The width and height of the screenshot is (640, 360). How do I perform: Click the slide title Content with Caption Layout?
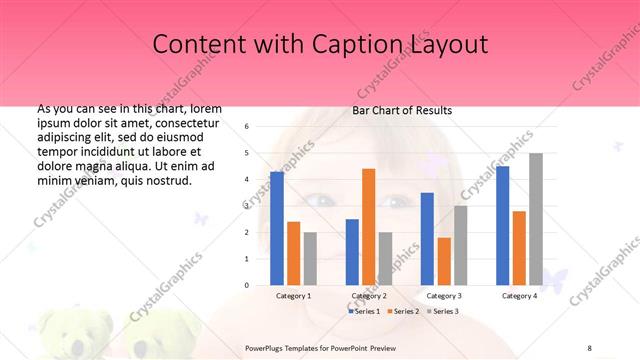[320, 45]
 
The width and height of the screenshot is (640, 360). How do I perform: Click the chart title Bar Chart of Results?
[402, 110]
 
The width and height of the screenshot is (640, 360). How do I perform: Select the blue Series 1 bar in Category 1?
[277, 228]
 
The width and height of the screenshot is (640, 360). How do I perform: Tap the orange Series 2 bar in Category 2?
[368, 227]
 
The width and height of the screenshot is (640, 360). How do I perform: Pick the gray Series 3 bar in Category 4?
[536, 219]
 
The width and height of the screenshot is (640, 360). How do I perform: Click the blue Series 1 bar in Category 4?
[502, 225]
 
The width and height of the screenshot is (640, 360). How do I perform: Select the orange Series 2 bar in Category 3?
[444, 261]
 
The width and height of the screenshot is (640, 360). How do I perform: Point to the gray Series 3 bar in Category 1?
[310, 258]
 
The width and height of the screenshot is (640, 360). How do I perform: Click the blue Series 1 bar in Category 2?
[352, 252]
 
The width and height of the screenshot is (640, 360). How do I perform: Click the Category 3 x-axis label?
[443, 296]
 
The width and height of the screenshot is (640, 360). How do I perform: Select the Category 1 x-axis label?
[293, 296]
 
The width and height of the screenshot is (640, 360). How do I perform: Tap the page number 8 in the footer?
[590, 347]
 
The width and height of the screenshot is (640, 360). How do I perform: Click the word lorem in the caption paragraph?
[205, 108]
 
